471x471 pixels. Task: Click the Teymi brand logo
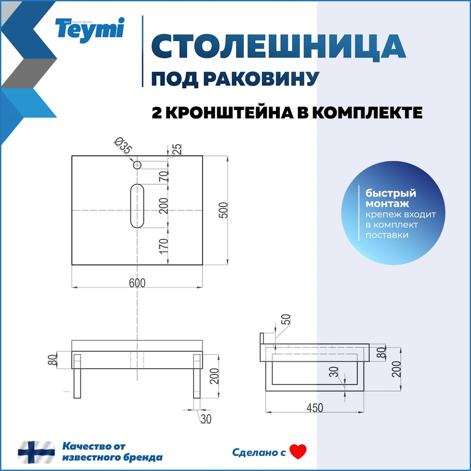click(x=89, y=30)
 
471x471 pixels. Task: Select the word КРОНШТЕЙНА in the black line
click(x=230, y=113)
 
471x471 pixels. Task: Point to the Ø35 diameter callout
click(x=124, y=146)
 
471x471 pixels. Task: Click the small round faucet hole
click(x=137, y=165)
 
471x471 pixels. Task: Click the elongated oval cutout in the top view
click(x=137, y=206)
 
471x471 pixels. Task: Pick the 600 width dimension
click(x=137, y=283)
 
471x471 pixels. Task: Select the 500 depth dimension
click(x=224, y=210)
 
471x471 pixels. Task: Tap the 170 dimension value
click(x=164, y=246)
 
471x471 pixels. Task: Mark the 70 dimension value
click(x=164, y=177)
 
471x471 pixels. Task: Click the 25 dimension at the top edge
click(x=177, y=149)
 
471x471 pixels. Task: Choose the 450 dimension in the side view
click(x=314, y=408)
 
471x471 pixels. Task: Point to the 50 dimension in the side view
click(x=286, y=320)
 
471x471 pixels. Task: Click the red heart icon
click(x=298, y=452)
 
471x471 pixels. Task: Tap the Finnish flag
click(x=36, y=452)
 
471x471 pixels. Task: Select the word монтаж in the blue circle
click(x=387, y=204)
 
